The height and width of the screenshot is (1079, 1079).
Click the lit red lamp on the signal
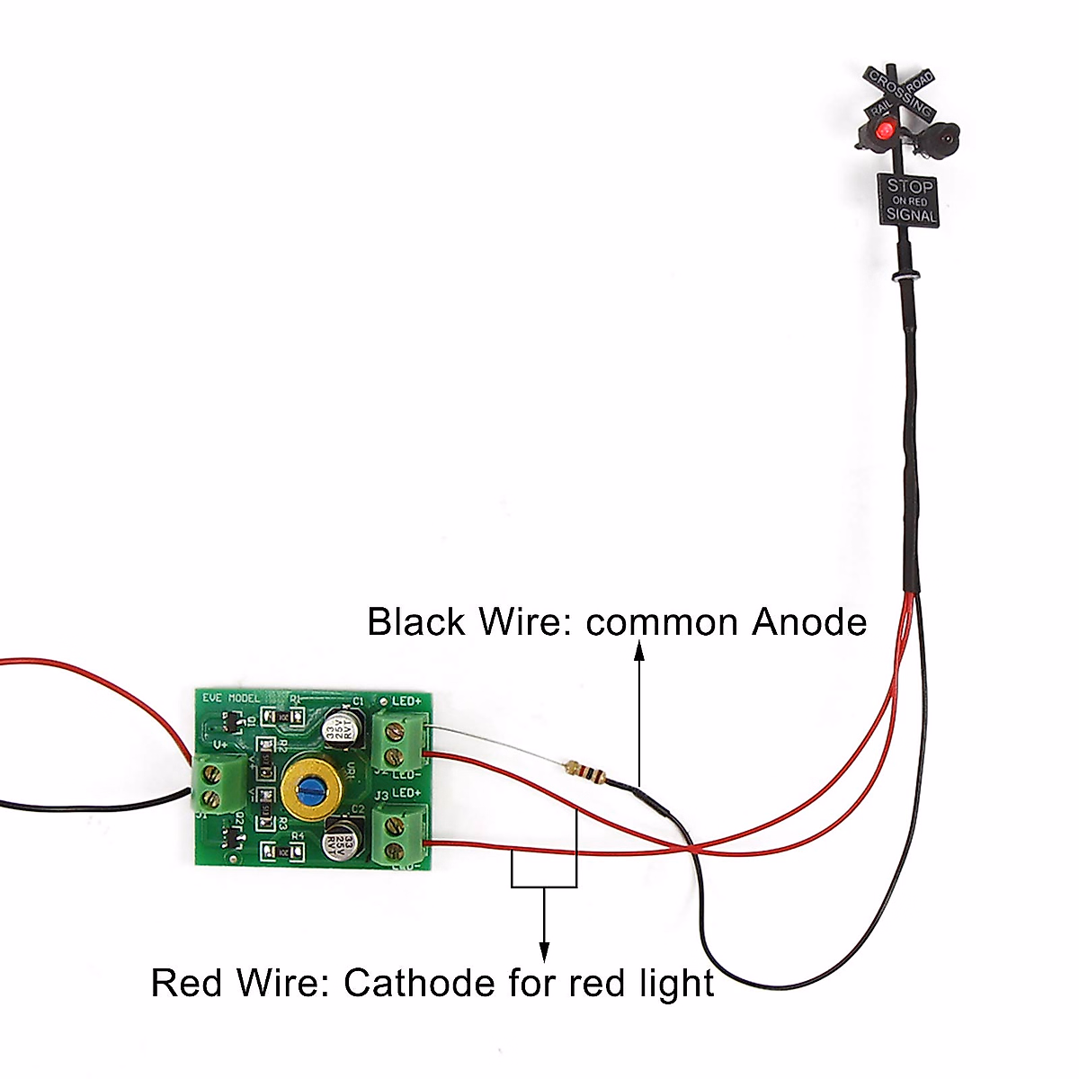tap(886, 134)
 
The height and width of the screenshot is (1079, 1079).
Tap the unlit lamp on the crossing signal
tap(943, 138)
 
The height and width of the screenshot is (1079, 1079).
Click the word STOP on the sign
tap(910, 186)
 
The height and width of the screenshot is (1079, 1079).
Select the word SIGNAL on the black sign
tap(910, 215)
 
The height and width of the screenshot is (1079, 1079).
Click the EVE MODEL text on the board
tap(230, 699)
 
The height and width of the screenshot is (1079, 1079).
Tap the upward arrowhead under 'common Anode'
tap(639, 651)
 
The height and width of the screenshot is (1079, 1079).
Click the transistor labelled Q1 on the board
tap(228, 720)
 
